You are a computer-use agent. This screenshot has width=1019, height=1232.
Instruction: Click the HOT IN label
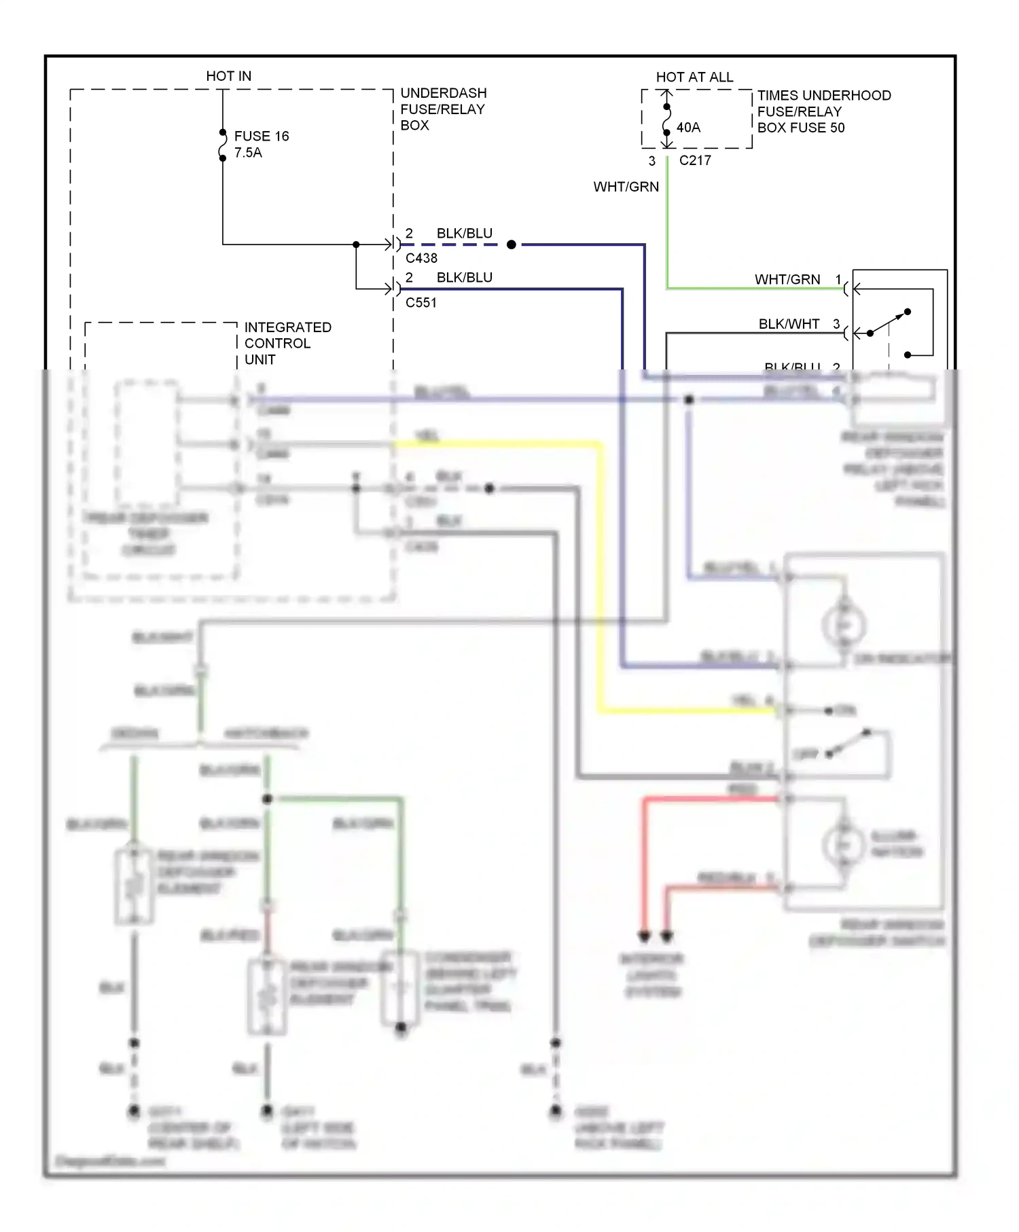click(x=228, y=76)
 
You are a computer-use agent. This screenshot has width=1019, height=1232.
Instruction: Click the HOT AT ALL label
click(x=694, y=77)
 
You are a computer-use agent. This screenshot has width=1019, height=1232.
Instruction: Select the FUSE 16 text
click(x=262, y=136)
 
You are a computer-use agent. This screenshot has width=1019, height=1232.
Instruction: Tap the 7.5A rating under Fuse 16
click(x=248, y=153)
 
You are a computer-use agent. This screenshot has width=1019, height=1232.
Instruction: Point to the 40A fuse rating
click(x=688, y=128)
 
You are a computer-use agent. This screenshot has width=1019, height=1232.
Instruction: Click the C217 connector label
click(x=695, y=161)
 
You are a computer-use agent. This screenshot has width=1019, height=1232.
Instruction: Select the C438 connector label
click(x=421, y=258)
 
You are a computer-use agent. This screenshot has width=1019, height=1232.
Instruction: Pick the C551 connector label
click(x=421, y=303)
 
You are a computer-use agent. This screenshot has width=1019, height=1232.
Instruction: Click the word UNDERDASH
click(x=444, y=93)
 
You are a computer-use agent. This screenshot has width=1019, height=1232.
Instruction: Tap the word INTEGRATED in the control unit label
click(x=288, y=327)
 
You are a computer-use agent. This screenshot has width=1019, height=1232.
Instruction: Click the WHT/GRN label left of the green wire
click(x=626, y=187)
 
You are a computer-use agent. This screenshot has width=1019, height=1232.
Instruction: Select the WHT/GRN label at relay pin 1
click(x=787, y=279)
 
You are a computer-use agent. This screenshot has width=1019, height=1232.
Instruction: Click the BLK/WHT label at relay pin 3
click(x=789, y=324)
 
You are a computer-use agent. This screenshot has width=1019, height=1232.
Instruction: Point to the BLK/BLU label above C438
click(x=464, y=233)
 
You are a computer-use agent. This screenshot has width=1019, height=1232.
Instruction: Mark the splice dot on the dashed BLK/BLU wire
click(x=512, y=244)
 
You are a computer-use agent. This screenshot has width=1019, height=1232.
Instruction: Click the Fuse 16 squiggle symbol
click(x=223, y=145)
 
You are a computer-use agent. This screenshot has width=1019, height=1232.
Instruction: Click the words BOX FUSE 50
click(x=801, y=128)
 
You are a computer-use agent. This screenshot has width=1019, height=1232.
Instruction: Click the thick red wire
click(x=644, y=863)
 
